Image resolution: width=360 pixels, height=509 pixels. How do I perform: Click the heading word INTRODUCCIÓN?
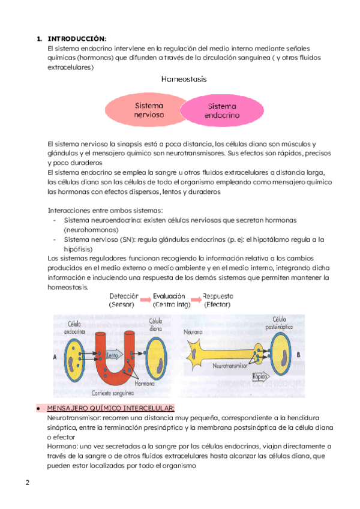pos(80,38)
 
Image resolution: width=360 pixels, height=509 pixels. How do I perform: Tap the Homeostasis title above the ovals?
pos(184,79)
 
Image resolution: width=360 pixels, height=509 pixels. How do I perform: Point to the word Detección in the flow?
pos(124,297)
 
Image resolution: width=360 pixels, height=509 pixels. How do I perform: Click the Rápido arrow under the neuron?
pos(261,377)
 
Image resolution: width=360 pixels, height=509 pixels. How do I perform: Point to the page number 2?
pos(27,483)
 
